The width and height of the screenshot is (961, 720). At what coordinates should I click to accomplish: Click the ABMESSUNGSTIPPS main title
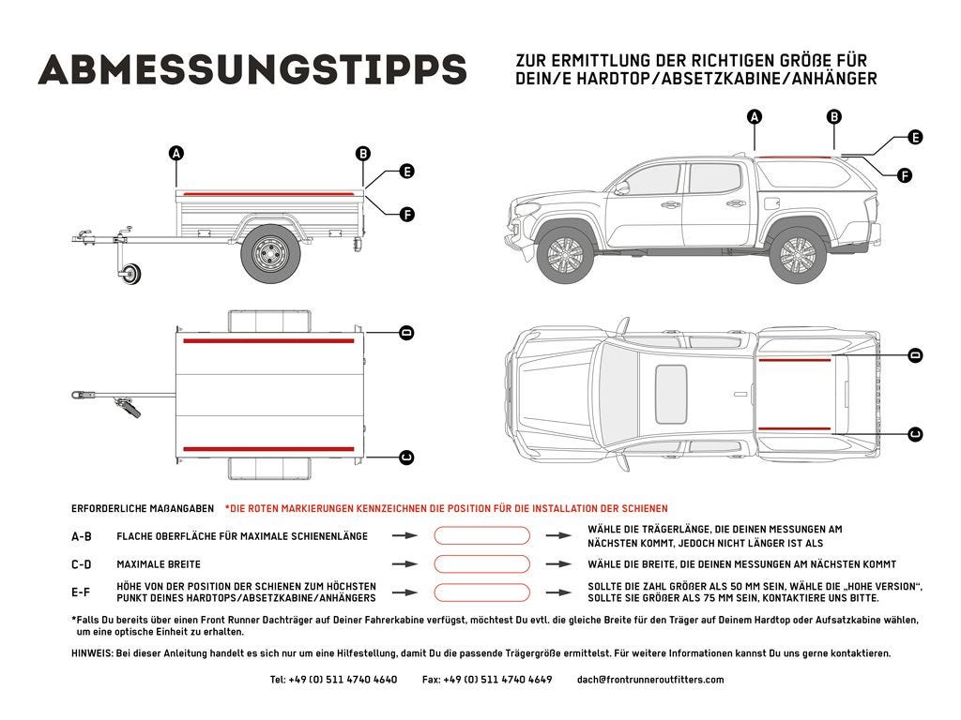[x=252, y=68]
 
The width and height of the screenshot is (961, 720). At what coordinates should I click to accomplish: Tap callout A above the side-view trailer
[x=176, y=153]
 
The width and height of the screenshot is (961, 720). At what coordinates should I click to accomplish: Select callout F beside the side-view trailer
[x=406, y=215]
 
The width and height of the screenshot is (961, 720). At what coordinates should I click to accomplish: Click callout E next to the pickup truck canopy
[x=915, y=137]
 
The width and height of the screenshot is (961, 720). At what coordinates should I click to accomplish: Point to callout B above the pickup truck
[x=833, y=117]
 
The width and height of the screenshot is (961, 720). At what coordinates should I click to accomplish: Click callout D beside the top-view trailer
[x=406, y=333]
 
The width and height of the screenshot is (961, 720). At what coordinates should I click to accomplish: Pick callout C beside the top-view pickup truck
[x=915, y=433]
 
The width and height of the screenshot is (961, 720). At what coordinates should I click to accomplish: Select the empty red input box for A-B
[x=481, y=535]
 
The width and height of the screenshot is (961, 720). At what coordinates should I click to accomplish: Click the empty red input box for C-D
[x=481, y=564]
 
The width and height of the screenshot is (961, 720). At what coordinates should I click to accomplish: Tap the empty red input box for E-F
[x=481, y=592]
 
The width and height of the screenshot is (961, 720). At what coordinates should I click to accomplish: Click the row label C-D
[x=82, y=564]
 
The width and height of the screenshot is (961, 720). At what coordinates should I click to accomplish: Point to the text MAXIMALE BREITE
[x=159, y=564]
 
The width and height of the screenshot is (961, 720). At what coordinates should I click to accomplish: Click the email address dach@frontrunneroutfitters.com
[x=650, y=680]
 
